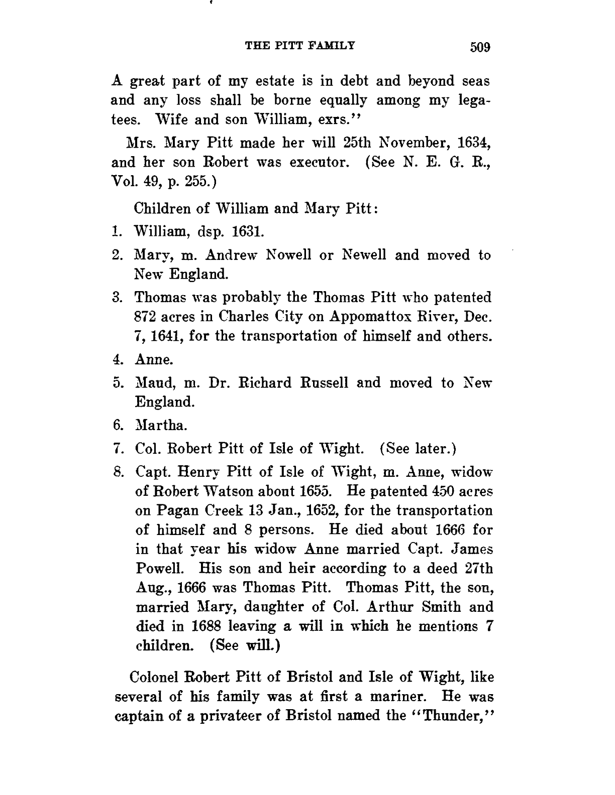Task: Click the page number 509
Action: (x=479, y=47)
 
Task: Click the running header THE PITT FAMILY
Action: (x=300, y=46)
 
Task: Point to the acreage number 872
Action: (x=146, y=317)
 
